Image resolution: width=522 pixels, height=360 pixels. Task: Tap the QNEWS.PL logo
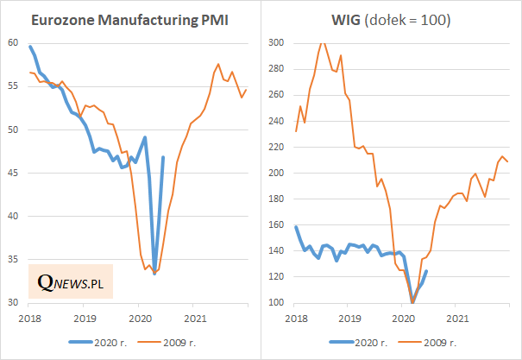[71, 281]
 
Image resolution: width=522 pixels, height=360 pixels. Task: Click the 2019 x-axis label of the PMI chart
[85, 318]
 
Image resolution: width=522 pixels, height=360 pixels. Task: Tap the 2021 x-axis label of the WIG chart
[456, 318]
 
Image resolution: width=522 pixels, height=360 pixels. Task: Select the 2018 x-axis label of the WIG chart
[294, 318]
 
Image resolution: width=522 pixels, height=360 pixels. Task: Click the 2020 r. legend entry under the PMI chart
[100, 342]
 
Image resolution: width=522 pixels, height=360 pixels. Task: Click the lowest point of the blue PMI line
[154, 273]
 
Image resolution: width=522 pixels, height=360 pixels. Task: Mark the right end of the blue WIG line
[426, 271]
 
